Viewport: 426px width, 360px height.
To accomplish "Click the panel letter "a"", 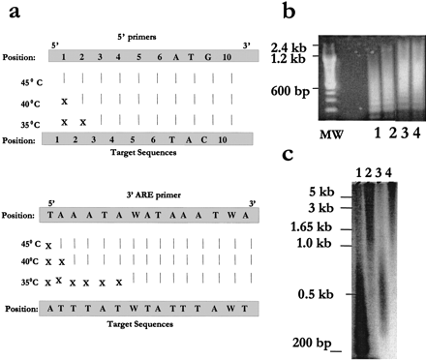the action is click(9, 12).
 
